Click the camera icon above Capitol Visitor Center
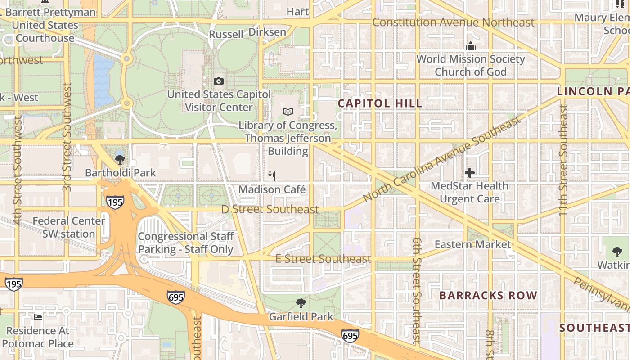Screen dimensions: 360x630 [219, 81]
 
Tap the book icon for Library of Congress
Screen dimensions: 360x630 [288, 112]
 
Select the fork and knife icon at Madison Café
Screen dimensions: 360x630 [272, 176]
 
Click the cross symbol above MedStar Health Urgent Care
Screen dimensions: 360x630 [470, 173]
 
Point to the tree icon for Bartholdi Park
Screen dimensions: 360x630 [120, 159]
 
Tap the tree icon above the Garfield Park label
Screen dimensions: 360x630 [301, 303]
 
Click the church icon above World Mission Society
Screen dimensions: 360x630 [471, 46]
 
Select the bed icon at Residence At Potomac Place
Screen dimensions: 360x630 [38, 317]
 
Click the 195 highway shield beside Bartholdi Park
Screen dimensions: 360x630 [115, 202]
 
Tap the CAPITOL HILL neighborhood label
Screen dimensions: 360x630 [380, 103]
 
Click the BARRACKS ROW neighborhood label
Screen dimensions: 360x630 [488, 296]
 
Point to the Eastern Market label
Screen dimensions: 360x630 [472, 245]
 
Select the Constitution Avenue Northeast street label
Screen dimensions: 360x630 [453, 22]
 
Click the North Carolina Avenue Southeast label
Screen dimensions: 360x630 [442, 159]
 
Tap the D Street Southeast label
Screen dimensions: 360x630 [270, 209]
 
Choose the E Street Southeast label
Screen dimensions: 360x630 [323, 259]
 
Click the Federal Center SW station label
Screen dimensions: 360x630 [69, 227]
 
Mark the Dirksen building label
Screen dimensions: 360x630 [267, 32]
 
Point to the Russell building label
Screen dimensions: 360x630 [226, 34]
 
